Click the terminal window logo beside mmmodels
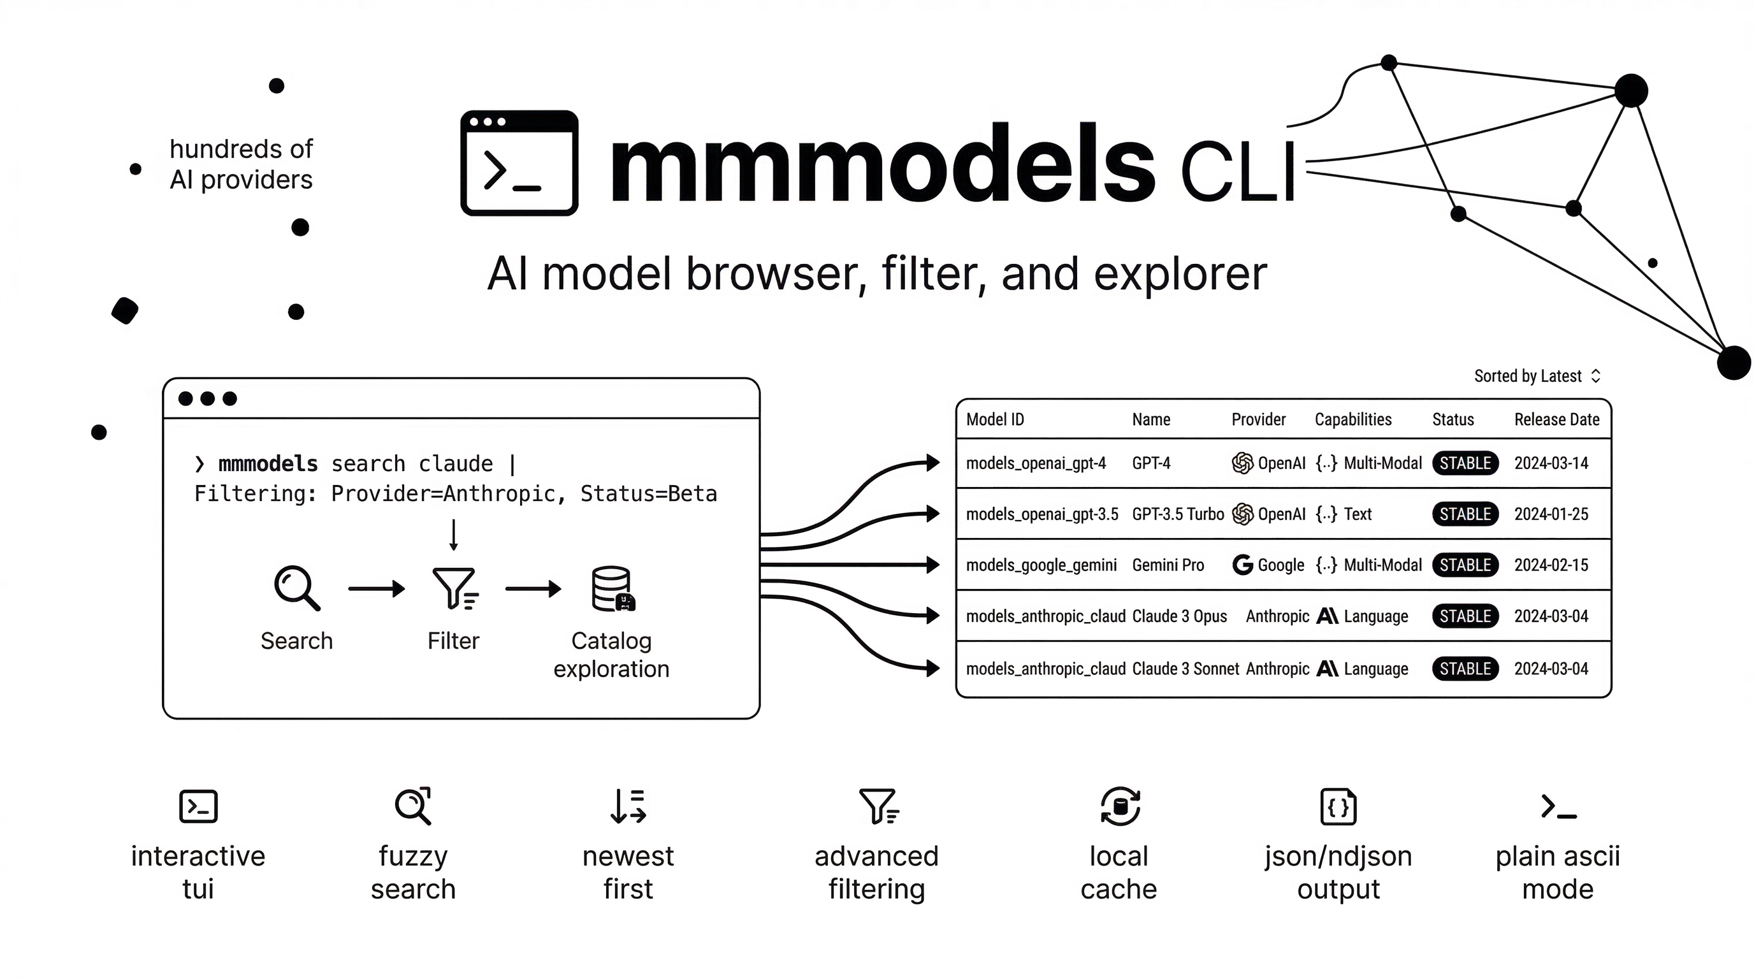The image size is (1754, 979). coord(519,163)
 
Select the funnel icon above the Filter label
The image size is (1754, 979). coord(455,588)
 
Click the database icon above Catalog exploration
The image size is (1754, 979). coord(612,588)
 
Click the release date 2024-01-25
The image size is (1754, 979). coord(1551,514)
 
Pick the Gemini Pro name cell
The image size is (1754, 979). coord(1168,565)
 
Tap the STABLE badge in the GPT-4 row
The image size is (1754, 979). coord(1465,463)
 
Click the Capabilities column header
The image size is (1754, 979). coord(1352,419)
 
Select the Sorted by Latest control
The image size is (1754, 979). coord(1536,376)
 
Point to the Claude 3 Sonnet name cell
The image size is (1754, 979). coord(1185,669)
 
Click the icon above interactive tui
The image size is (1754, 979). coord(198,807)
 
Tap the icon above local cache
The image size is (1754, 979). coord(1119,807)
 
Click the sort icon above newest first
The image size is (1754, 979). coord(628,807)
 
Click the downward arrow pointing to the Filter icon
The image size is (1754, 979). coord(454,534)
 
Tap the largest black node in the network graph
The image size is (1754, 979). coord(1733,362)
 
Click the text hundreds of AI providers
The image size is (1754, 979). coord(241,164)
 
